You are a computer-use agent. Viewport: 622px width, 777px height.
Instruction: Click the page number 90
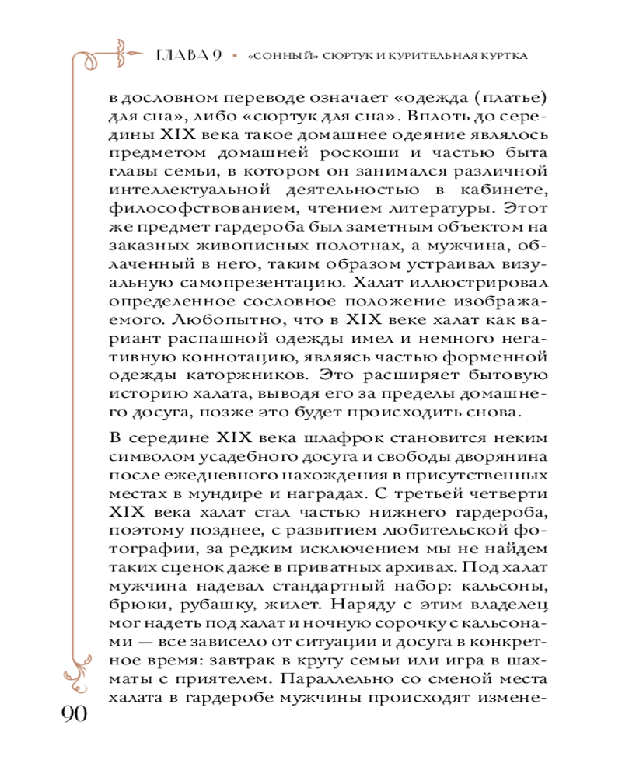point(72,713)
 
